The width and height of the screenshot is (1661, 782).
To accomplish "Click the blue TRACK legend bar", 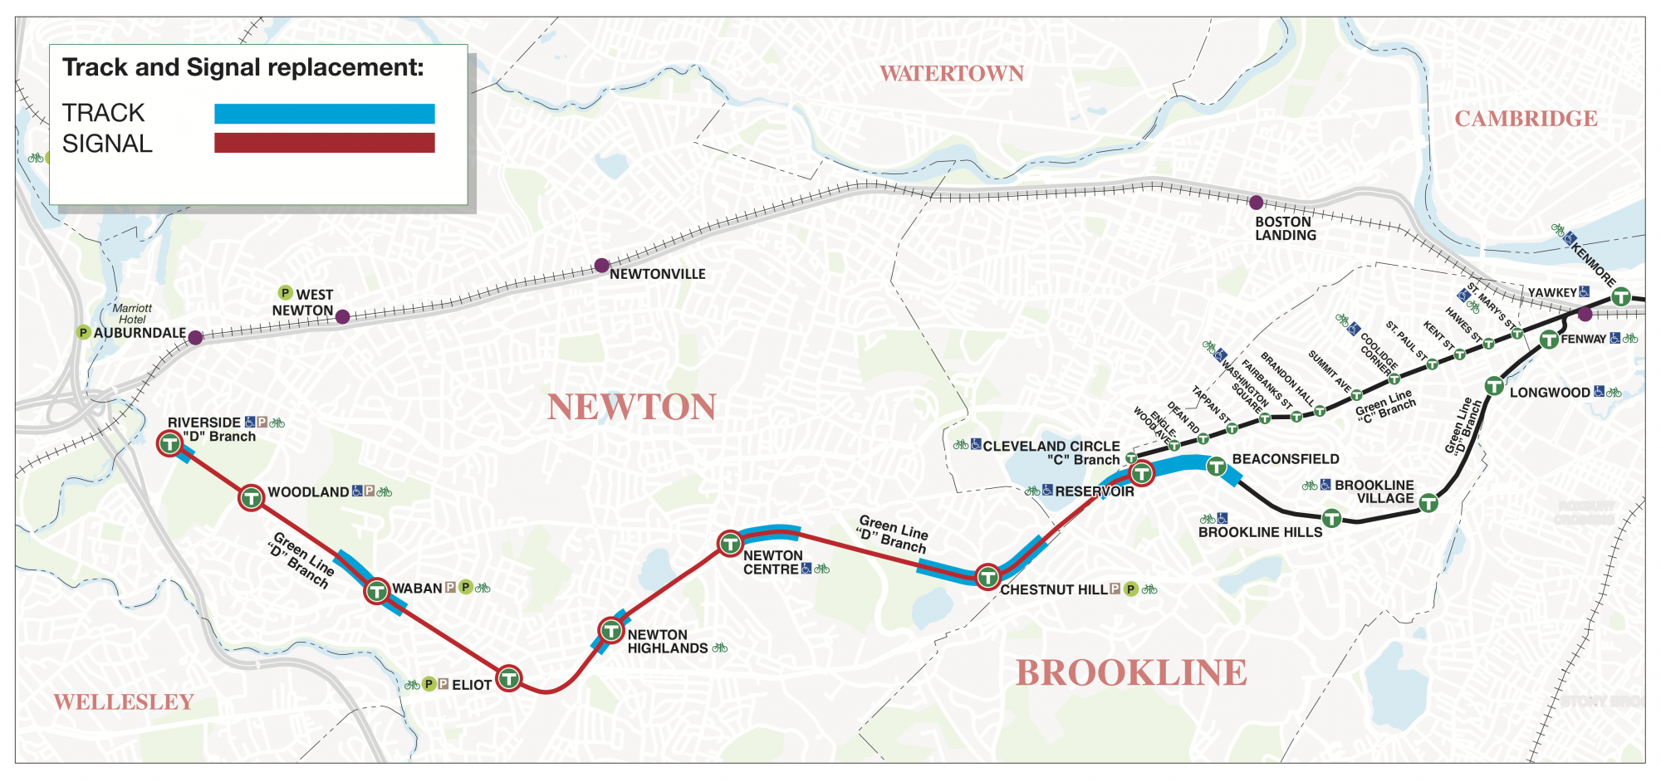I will [x=324, y=114].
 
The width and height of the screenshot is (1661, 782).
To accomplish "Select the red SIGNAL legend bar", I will [x=324, y=143].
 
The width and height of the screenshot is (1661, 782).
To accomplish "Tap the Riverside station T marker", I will [x=169, y=443].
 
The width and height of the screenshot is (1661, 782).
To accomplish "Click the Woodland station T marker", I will [x=251, y=498].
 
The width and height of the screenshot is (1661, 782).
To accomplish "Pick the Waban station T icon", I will [x=376, y=591].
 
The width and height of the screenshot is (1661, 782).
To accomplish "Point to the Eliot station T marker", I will [x=508, y=678].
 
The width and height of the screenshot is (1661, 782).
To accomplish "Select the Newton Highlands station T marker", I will [x=611, y=631].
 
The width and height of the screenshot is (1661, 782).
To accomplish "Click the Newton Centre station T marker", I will [x=729, y=544].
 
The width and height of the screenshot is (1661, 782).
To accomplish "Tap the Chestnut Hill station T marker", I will [x=987, y=576].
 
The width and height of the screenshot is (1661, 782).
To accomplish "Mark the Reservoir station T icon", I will [x=1142, y=473].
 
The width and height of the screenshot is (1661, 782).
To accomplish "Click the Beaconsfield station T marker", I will [x=1216, y=467].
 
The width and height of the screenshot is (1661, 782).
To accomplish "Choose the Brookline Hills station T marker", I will [x=1331, y=518].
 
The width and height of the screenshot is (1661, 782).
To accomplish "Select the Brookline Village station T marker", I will [x=1428, y=502].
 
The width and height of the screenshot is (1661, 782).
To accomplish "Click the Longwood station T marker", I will [x=1493, y=386].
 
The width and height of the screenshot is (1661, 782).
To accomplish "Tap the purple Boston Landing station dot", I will [x=1256, y=203].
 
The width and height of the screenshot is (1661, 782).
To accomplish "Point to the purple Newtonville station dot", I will [x=601, y=266].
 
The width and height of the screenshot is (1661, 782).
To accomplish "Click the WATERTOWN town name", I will [x=951, y=74].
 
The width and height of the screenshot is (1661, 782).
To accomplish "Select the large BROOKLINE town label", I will [x=1131, y=672].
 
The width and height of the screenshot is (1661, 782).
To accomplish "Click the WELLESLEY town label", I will [x=124, y=702].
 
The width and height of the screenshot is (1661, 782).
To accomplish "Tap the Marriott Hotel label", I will [x=132, y=314].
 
